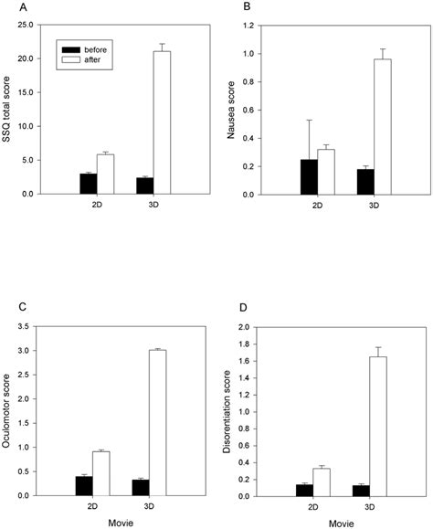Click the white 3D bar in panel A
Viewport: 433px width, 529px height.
pyautogui.click(x=162, y=122)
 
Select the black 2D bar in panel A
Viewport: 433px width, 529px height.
pyautogui.click(x=88, y=184)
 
